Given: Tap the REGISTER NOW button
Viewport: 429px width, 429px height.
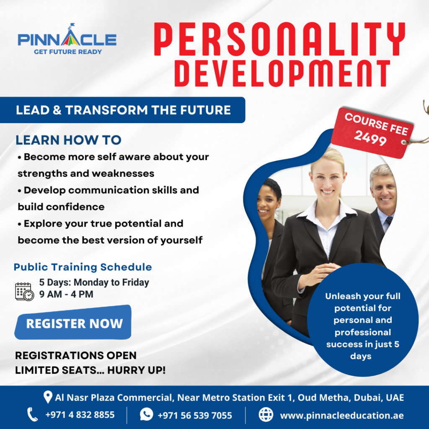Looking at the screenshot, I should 74,323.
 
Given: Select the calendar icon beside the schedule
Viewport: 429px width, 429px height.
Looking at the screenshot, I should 24,291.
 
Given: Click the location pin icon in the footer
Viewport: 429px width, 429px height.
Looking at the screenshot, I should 48,397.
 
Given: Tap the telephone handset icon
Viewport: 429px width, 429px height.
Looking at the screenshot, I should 32,415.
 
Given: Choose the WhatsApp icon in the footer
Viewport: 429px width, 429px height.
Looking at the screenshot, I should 146,415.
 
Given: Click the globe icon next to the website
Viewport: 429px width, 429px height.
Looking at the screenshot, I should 266,415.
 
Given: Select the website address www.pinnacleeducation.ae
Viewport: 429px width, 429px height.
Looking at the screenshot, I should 342,415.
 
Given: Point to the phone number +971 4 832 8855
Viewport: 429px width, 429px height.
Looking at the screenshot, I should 80,415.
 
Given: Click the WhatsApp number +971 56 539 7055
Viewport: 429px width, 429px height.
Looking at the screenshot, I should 194,415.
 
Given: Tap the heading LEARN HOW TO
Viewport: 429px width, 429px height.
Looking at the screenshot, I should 68,140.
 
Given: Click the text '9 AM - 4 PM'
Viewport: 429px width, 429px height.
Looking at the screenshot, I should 66,294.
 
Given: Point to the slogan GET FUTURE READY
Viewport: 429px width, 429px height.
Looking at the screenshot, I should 68,52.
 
